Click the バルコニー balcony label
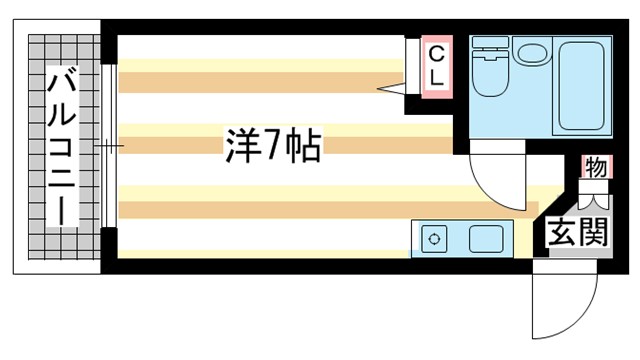(62, 146)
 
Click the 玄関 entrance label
(577, 232)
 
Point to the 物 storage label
(595, 167)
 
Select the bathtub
(584, 86)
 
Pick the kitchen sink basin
(486, 239)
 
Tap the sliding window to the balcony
(111, 146)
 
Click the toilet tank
(490, 46)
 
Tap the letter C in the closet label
(437, 51)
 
